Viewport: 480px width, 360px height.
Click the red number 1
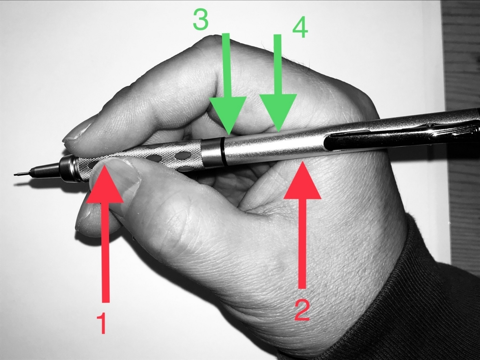[102, 322]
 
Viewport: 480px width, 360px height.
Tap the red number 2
[302, 310]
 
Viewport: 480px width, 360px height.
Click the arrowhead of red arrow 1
[105, 184]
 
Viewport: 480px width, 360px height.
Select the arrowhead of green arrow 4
[278, 113]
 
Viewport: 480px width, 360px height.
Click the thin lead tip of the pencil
[22, 175]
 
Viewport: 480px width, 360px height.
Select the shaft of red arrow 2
[302, 244]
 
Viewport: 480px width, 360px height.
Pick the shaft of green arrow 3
[226, 65]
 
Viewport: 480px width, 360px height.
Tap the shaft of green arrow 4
[277, 64]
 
